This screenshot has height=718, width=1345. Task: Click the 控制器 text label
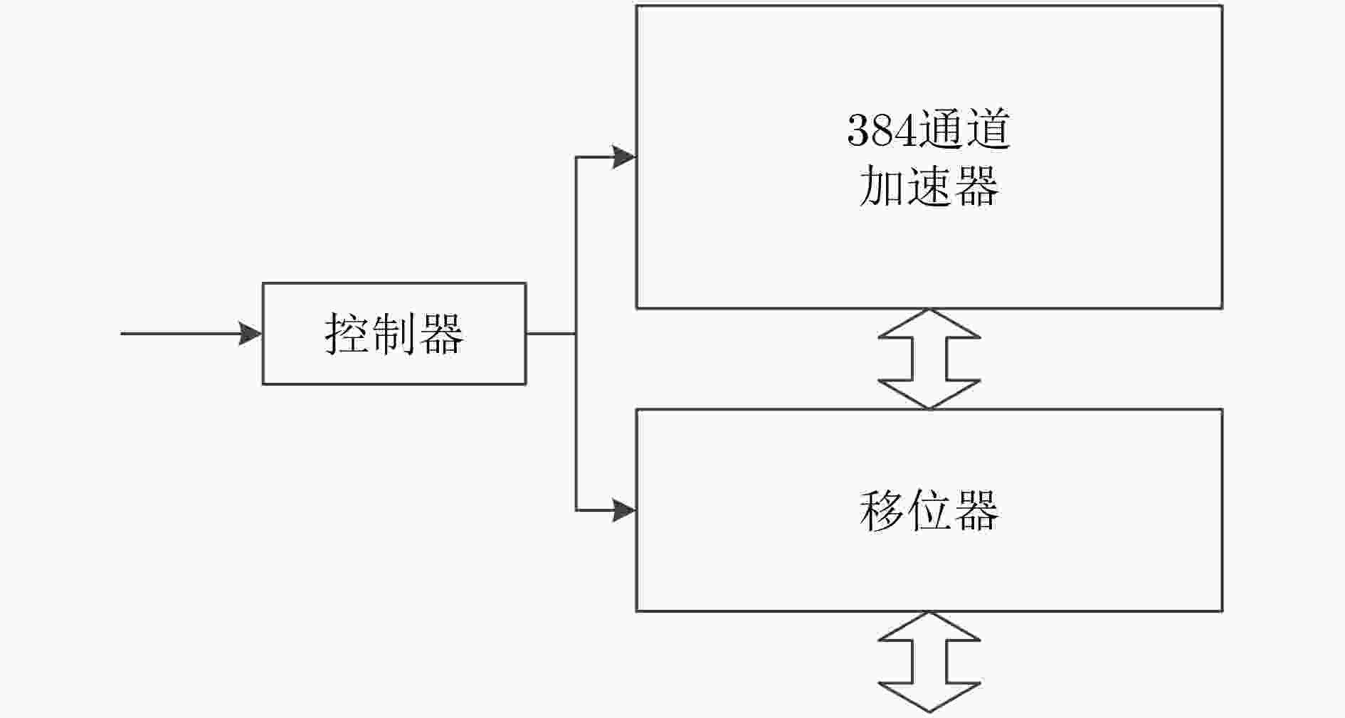pyautogui.click(x=394, y=334)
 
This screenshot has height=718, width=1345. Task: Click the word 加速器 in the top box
pyautogui.click(x=929, y=186)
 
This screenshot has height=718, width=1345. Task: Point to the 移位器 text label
pyautogui.click(x=929, y=510)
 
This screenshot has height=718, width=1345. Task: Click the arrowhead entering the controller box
pyautogui.click(x=250, y=333)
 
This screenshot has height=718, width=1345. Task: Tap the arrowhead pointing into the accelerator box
pyautogui.click(x=624, y=157)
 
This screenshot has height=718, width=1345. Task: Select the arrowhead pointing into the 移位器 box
pyautogui.click(x=624, y=510)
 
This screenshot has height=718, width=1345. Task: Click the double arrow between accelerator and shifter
pyautogui.click(x=929, y=359)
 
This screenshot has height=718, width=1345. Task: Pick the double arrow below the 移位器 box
pyautogui.click(x=929, y=662)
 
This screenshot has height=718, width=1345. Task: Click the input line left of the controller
pyautogui.click(x=191, y=333)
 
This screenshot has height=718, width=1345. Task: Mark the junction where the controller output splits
pyautogui.click(x=576, y=333)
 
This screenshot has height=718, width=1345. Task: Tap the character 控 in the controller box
pyautogui.click(x=347, y=334)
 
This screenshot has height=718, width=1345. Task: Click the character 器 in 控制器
pyautogui.click(x=441, y=334)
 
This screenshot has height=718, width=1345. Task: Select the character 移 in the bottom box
pyautogui.click(x=882, y=510)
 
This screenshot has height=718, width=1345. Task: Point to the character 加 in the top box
pyautogui.click(x=882, y=186)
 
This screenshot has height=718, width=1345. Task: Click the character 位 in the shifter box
pyautogui.click(x=929, y=510)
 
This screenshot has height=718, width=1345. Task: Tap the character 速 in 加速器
pyautogui.click(x=929, y=186)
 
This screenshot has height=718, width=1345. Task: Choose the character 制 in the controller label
pyautogui.click(x=394, y=334)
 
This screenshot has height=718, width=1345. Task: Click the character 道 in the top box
pyautogui.click(x=988, y=130)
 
